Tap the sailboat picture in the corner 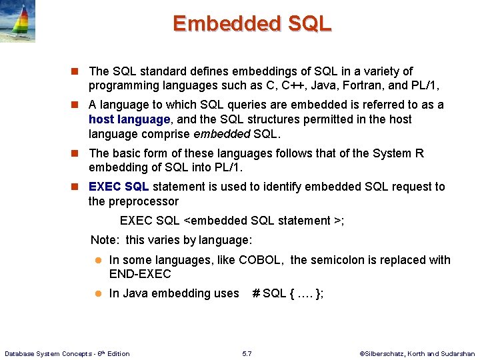coord(17,21)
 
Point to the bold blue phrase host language coord(129,119)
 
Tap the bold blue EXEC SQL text coord(119,187)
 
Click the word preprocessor coord(145,201)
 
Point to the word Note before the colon coord(103,239)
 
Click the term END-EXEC coord(140,274)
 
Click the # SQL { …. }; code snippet coord(287,293)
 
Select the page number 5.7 coord(247,353)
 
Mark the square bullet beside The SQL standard coord(77,71)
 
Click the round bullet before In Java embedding coord(97,293)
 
